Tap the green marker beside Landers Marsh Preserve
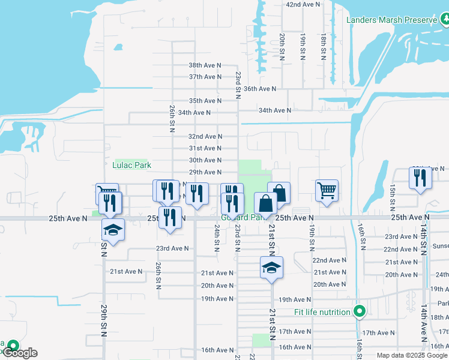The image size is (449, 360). (445, 20)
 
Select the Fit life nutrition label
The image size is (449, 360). (322, 312)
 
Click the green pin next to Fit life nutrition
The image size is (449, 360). (359, 311)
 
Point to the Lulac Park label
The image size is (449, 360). (132, 165)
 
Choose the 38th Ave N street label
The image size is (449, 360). (205, 65)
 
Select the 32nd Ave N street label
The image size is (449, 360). (205, 136)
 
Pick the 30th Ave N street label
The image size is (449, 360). (205, 160)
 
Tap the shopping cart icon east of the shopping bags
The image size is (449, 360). (327, 191)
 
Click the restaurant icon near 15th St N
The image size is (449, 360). (418, 178)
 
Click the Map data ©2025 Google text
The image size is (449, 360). (412, 355)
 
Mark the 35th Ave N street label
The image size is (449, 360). (205, 101)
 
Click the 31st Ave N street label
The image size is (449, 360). (205, 148)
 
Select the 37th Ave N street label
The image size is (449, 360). (205, 77)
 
